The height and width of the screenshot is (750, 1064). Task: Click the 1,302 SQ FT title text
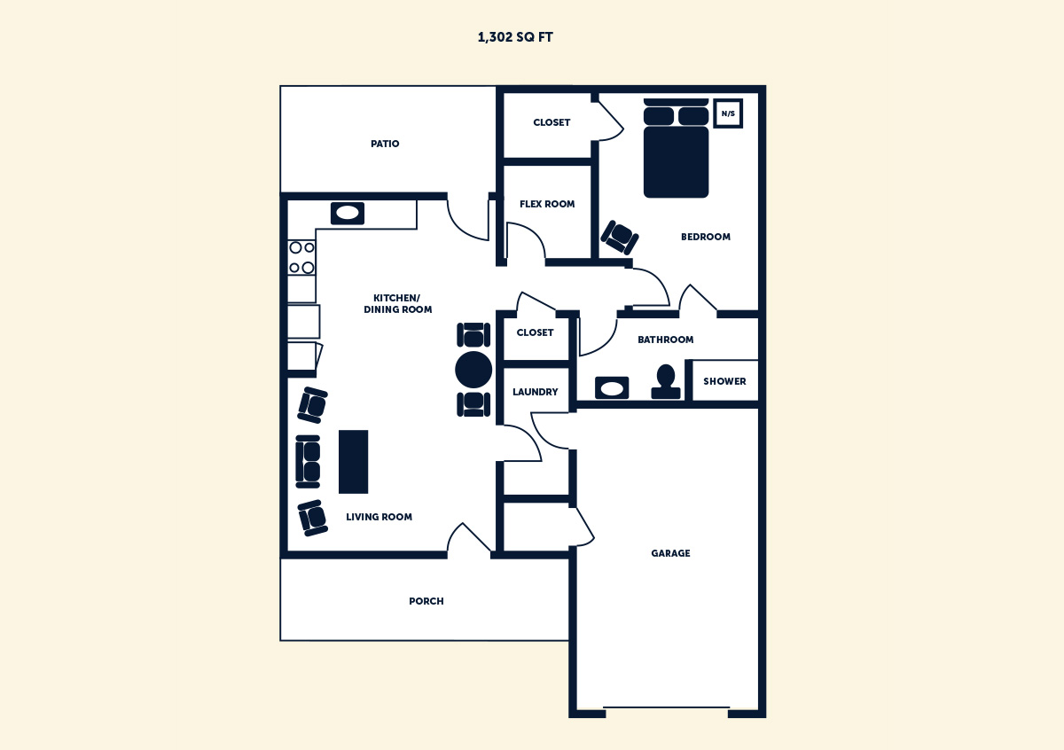click(515, 37)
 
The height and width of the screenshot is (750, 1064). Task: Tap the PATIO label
click(385, 144)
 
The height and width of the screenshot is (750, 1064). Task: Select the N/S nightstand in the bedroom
click(728, 113)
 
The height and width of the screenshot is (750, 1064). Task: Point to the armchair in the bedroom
click(620, 237)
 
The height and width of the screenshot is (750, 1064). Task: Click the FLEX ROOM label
click(547, 204)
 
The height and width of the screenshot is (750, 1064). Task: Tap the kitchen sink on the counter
click(348, 213)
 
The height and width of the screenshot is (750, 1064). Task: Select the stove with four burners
click(301, 257)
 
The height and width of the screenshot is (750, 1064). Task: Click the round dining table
click(473, 370)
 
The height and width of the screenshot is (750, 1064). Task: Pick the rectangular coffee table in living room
click(353, 461)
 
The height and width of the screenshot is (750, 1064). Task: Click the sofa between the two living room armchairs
click(308, 461)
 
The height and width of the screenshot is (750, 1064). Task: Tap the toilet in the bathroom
click(665, 380)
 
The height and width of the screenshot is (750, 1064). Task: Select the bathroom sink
click(612, 388)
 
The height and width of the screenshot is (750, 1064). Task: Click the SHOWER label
click(724, 381)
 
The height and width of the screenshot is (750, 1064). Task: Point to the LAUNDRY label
click(536, 392)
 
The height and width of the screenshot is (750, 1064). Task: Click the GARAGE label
click(670, 553)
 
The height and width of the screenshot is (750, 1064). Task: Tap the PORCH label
click(426, 601)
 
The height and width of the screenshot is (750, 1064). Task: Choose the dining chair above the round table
click(473, 335)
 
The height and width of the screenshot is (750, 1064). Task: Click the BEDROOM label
click(706, 237)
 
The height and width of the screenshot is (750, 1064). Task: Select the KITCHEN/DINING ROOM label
click(397, 303)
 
